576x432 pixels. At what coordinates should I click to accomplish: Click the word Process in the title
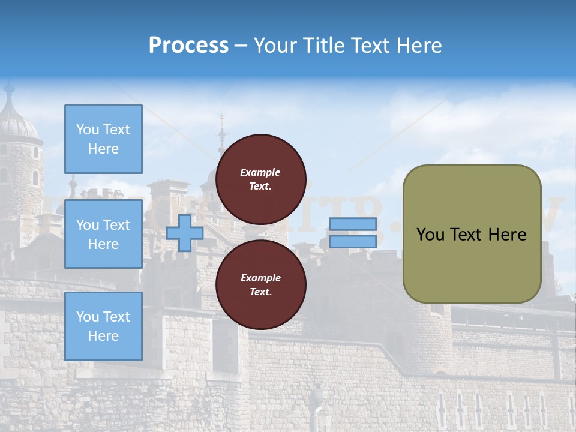coord(188,46)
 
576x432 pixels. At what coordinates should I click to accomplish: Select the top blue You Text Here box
coord(103,139)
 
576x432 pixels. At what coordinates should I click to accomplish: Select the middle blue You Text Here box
coord(103,234)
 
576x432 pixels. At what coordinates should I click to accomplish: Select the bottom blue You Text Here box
coord(103,326)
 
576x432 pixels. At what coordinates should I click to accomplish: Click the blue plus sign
coord(185,233)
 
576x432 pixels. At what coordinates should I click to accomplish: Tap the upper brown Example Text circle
coord(261,179)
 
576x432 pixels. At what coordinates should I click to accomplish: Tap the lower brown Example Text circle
coord(261,285)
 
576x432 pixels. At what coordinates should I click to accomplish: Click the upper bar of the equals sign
coord(353,224)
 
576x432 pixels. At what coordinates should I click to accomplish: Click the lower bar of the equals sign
coord(353,241)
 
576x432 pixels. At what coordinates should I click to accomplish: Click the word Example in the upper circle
coord(260,172)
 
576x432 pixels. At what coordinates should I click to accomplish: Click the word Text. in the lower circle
coord(260,292)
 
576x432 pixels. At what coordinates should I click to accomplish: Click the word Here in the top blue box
coord(103,149)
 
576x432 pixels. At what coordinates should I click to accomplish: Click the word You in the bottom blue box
coord(88,317)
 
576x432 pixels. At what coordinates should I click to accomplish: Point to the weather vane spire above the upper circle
coord(222,129)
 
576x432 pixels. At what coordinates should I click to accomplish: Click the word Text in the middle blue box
coord(116,225)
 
